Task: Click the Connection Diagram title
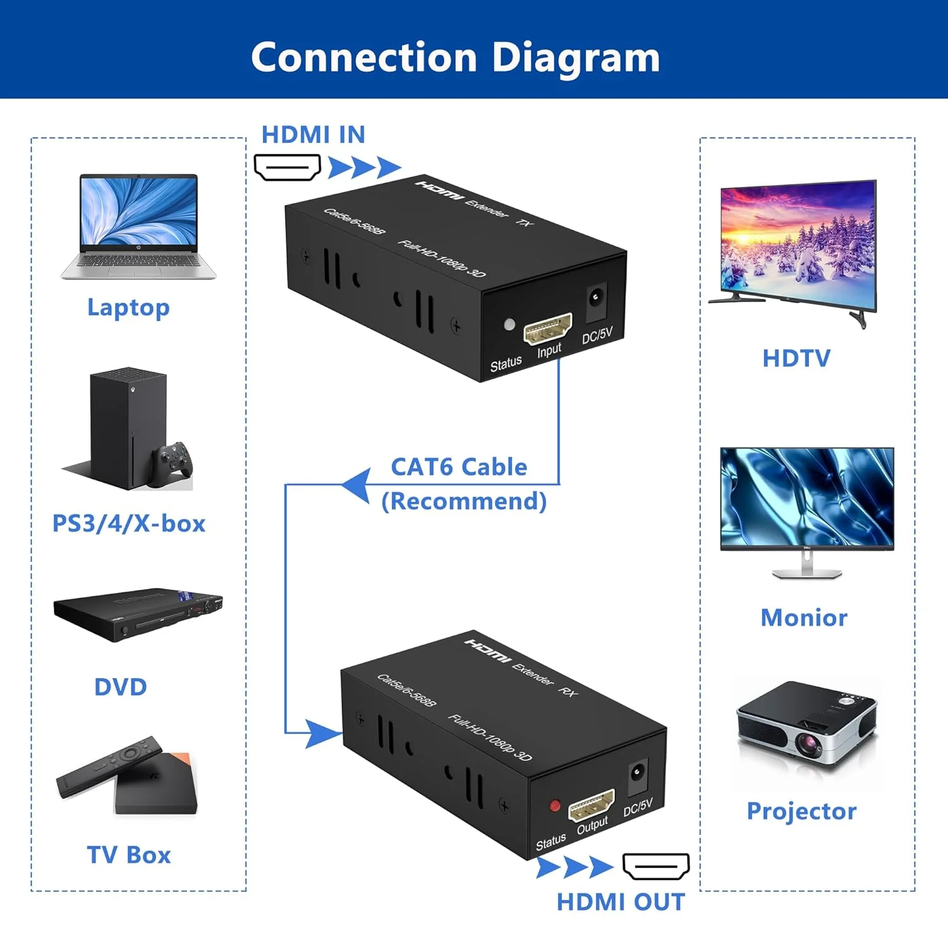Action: click(x=455, y=58)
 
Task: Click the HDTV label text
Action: click(x=796, y=358)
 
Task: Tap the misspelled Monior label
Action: click(x=804, y=617)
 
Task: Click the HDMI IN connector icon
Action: click(x=287, y=167)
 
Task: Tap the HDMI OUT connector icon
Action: click(x=656, y=866)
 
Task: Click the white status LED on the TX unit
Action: click(x=509, y=325)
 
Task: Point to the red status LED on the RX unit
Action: click(x=555, y=806)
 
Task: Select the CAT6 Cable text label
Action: click(x=459, y=467)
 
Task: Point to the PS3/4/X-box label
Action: click(x=129, y=523)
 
